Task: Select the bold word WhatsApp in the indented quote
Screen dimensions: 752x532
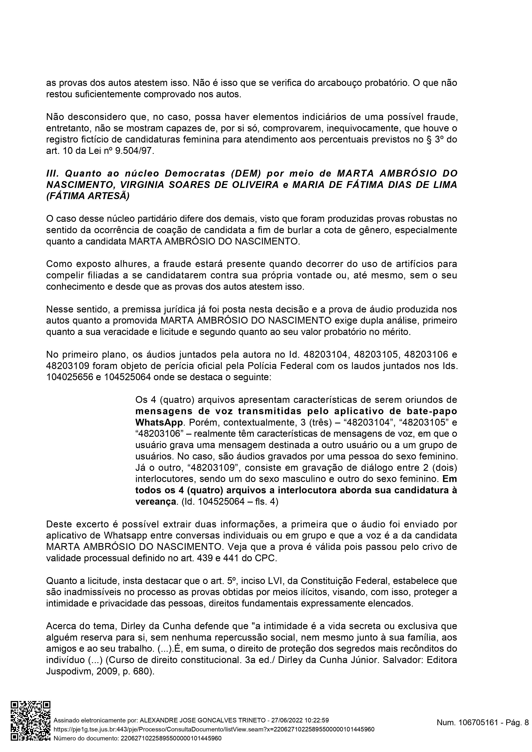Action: point(159,422)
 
